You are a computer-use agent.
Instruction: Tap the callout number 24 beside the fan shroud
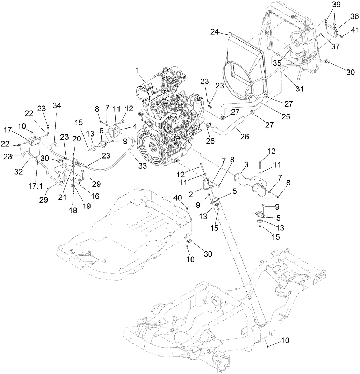[x=215, y=32]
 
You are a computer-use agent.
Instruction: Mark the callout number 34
[x=56, y=106]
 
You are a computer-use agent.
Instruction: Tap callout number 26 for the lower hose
[x=244, y=136]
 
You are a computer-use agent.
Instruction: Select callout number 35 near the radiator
[x=277, y=63]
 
